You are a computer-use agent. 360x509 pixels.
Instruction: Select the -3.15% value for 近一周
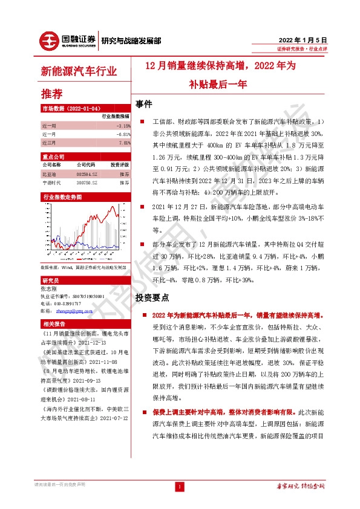[123, 126]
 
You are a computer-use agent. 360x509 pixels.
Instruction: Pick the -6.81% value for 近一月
[123, 134]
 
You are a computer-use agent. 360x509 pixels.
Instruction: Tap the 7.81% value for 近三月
[123, 143]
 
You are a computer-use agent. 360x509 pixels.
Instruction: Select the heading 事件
[145, 103]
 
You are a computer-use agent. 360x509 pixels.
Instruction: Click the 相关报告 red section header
[51, 324]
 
